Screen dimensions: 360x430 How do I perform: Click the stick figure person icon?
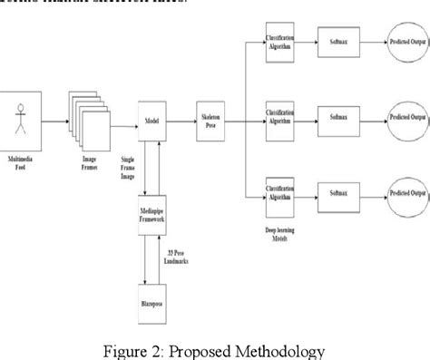(x=22, y=118)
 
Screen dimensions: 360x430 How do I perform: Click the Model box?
(x=151, y=118)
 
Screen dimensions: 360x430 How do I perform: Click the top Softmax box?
(x=332, y=43)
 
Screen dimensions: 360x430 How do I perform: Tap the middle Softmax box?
(x=332, y=117)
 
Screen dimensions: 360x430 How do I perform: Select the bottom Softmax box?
(x=332, y=193)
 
